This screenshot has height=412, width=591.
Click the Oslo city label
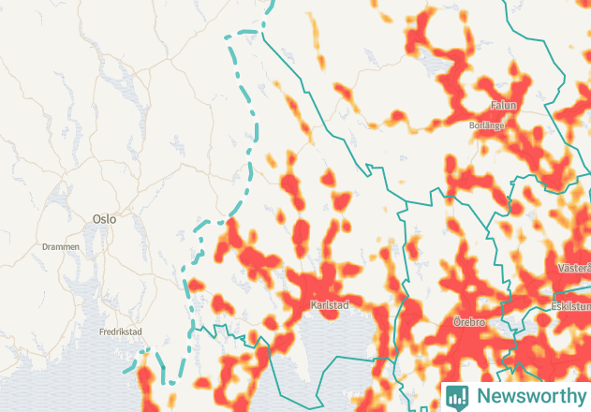(104, 218)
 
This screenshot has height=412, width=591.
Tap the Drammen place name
(61, 247)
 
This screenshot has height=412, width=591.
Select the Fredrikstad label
(121, 331)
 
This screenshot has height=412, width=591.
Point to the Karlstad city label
(329, 305)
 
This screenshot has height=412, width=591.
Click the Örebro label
(468, 322)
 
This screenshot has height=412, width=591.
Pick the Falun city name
(504, 106)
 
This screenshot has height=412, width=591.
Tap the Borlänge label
(487, 125)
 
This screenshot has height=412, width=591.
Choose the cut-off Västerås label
(573, 268)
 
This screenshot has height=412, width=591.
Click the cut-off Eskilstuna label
(570, 305)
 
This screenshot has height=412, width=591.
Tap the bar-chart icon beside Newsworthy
(457, 396)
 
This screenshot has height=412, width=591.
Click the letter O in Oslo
(96, 218)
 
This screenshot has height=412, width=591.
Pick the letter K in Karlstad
(313, 305)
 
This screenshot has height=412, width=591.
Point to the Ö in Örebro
(456, 322)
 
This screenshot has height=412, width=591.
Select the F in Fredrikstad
(102, 331)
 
